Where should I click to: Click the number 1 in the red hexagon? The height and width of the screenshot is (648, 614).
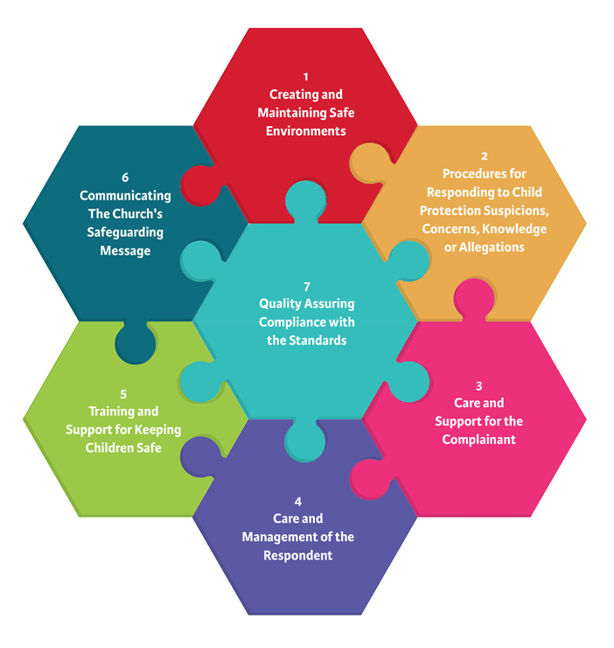[x=306, y=76]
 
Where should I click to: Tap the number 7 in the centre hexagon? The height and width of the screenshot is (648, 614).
[x=307, y=286]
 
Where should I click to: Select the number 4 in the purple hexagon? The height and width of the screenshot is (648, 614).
[x=298, y=502]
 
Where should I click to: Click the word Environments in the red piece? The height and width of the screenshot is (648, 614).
[x=306, y=131]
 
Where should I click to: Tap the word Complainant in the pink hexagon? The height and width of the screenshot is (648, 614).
[x=479, y=440]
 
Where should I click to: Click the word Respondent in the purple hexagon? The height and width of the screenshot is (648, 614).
[x=298, y=555]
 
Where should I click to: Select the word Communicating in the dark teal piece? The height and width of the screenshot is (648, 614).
[x=125, y=195]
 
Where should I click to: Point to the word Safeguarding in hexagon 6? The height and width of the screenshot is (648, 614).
[x=125, y=232]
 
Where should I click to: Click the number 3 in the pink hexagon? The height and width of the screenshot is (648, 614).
[x=479, y=385]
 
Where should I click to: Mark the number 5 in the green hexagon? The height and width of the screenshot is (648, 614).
[x=123, y=393]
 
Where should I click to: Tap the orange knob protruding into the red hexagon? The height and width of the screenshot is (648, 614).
[x=366, y=162]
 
